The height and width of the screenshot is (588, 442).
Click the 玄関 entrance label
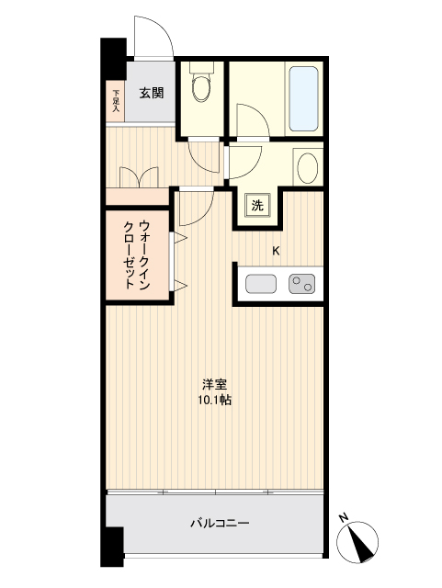(x=152, y=92)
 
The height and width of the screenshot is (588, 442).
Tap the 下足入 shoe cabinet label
(x=116, y=101)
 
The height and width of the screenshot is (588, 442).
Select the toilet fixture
(x=200, y=90)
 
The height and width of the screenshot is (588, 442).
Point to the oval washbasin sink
(x=308, y=168)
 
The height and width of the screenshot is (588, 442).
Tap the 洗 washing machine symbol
(x=256, y=205)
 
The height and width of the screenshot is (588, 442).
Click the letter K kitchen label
(x=275, y=250)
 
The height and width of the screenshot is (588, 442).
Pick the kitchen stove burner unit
(x=301, y=284)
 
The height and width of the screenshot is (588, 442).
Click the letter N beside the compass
(x=342, y=517)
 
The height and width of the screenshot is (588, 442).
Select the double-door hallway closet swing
(x=139, y=176)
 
